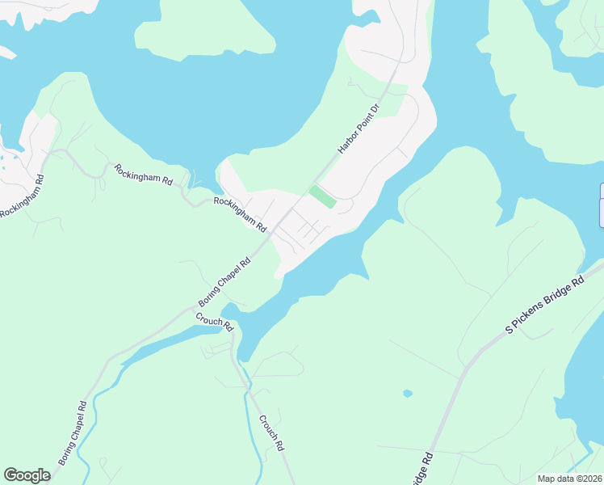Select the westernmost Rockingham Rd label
20,195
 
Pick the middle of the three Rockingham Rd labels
144,176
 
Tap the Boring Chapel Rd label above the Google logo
72,434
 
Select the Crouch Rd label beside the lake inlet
215,321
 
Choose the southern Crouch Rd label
271,433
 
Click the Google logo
27,475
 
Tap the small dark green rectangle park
321,196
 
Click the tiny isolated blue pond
407,394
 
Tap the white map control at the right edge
601,205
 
